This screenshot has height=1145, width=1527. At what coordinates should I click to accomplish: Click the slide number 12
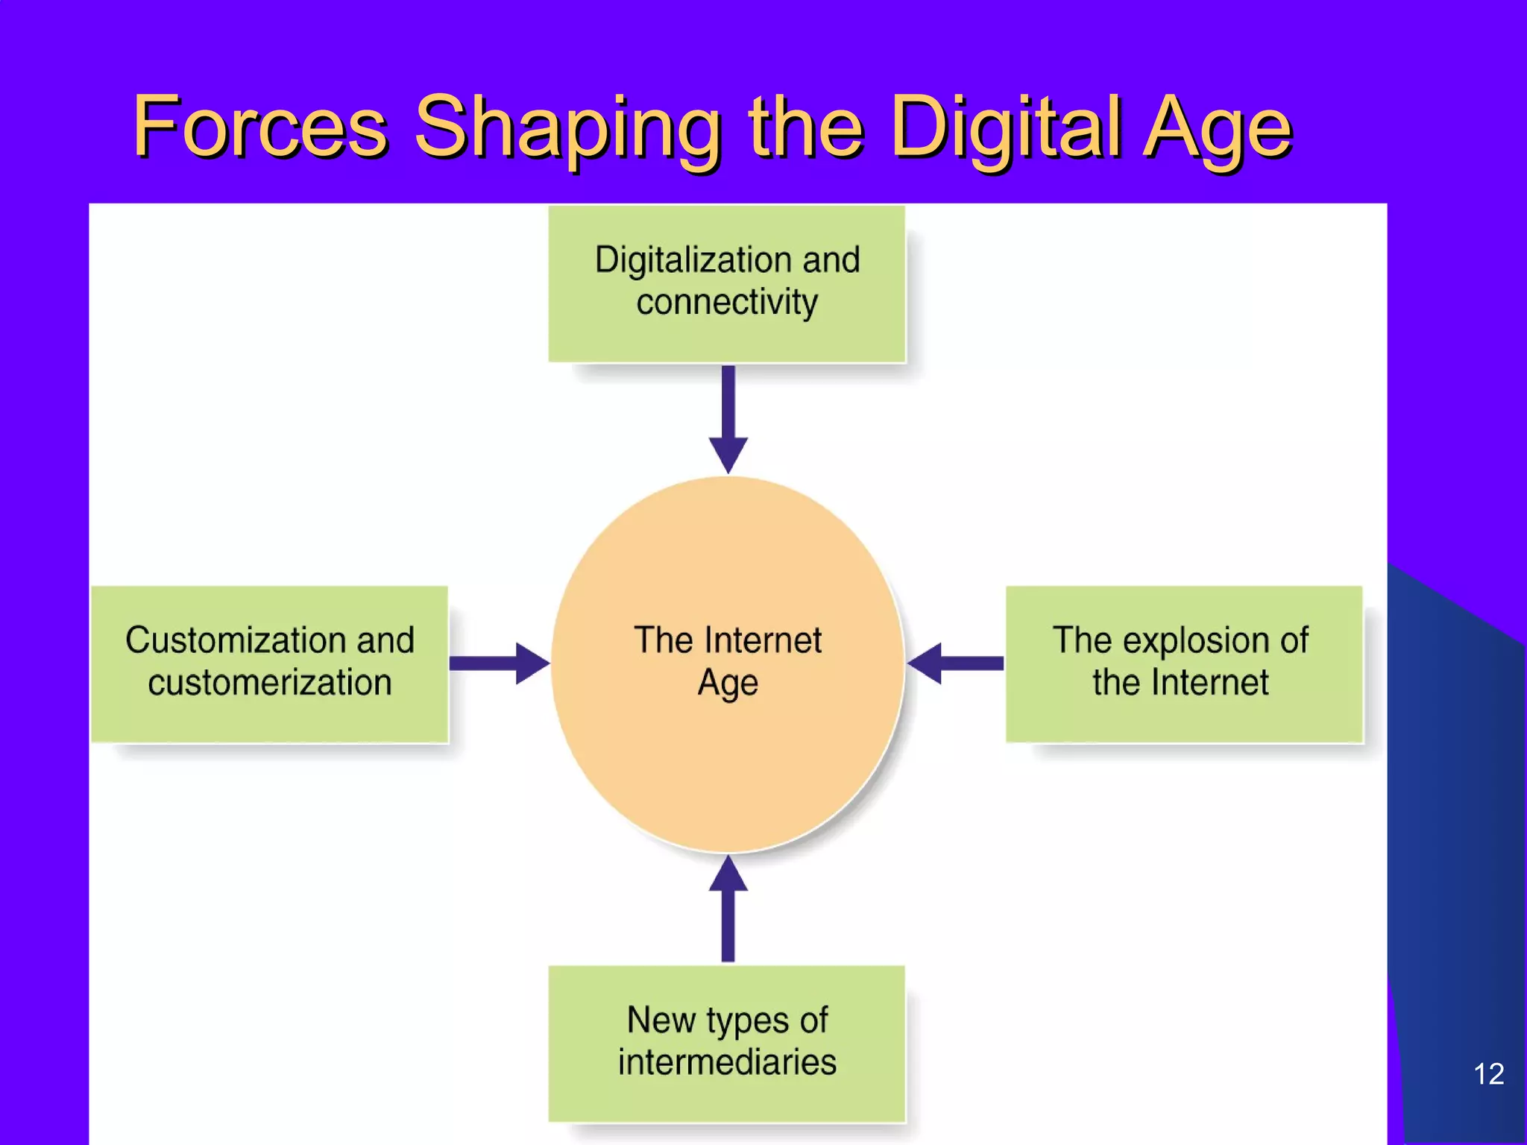click(1488, 1074)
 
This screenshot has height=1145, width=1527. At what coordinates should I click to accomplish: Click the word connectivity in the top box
click(727, 303)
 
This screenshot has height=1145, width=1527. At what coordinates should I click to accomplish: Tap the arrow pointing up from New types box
click(728, 909)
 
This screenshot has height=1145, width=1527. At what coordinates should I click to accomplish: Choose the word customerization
click(270, 683)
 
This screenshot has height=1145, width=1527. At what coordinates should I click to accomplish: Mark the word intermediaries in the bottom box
click(727, 1062)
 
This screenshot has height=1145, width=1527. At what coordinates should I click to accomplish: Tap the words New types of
click(727, 1020)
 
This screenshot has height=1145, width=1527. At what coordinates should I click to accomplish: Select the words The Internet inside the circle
click(728, 640)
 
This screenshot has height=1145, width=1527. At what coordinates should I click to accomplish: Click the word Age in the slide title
click(1216, 128)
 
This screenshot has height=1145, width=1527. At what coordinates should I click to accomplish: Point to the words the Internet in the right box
click(1180, 683)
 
